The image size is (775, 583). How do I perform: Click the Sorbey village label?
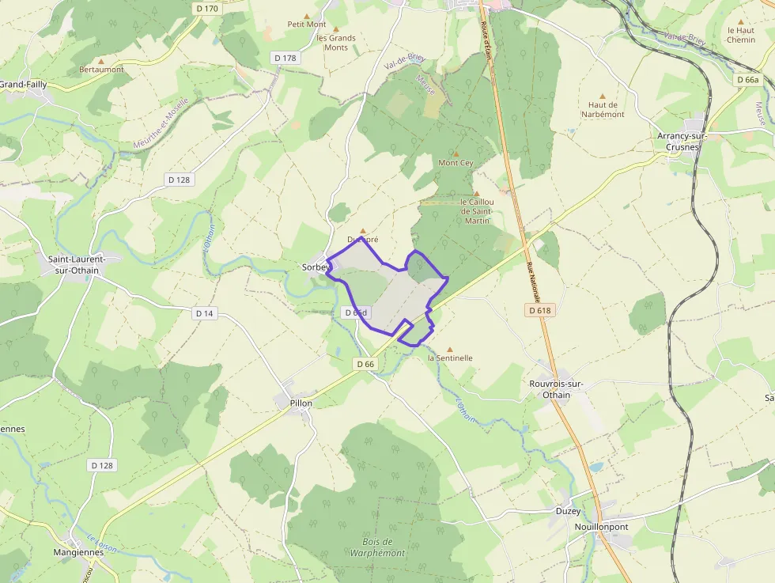coord(315,267)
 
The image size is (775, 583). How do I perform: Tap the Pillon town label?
coord(301,403)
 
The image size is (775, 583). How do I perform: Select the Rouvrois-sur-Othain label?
coord(556,389)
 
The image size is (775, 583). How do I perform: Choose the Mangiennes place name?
coord(78,552)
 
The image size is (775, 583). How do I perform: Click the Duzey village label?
coord(568,511)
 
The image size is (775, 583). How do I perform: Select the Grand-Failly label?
coord(23,85)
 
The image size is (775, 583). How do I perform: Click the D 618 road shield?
coord(539,311)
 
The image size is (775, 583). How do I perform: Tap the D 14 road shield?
coord(204,313)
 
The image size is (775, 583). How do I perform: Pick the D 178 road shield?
coord(285,58)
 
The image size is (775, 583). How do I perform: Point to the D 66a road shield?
coord(747,80)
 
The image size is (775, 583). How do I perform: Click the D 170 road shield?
coord(206,9)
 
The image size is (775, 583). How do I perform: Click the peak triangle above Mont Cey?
coord(456,153)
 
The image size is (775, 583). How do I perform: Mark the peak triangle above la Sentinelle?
coord(450,349)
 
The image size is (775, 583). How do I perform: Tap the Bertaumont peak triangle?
coord(101,60)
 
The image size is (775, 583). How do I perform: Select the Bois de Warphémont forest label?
coord(377,547)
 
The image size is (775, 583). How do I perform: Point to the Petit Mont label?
coord(307,25)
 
